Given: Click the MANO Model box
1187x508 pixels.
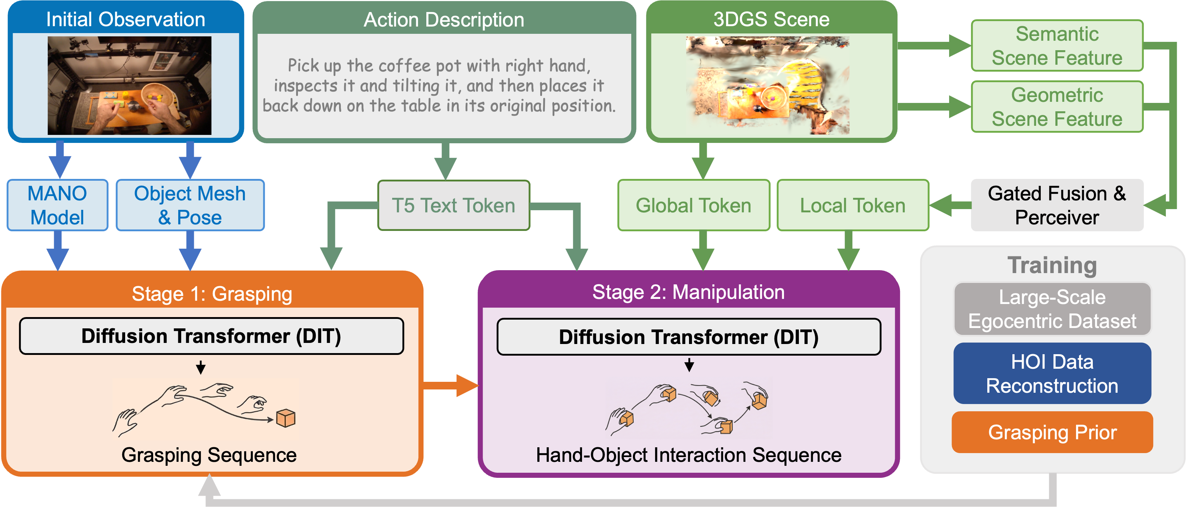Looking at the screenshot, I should (57, 205).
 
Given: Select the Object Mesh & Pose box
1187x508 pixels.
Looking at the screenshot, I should (190, 205).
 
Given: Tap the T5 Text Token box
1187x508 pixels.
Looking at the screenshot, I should (453, 205).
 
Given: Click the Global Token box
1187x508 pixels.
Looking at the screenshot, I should (693, 205).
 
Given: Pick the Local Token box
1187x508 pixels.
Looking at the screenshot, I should (852, 205).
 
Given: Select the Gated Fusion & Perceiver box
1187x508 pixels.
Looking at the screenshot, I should (1057, 205).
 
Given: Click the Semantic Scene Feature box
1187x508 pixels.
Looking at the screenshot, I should (1057, 45).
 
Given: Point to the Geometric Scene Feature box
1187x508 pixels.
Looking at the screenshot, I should (1057, 107).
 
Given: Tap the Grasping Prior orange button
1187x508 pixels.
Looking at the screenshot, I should (1052, 432).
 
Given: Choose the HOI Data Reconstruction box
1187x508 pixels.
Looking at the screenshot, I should (1052, 373).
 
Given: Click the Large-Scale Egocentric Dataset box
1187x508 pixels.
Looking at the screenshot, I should (1052, 309).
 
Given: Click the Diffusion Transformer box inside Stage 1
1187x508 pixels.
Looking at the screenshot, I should (211, 336).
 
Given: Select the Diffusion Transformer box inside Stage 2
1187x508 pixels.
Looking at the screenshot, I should (688, 337).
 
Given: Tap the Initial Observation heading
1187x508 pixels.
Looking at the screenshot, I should (126, 19).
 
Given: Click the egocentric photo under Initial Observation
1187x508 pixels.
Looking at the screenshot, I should (130, 86).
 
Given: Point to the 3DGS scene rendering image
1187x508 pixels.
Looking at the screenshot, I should (767, 86).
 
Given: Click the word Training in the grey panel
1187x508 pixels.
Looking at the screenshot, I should (1052, 265).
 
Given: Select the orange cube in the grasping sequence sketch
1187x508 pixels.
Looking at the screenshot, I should (286, 418).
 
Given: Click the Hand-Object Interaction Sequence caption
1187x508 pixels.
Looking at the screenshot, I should (688, 455).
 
